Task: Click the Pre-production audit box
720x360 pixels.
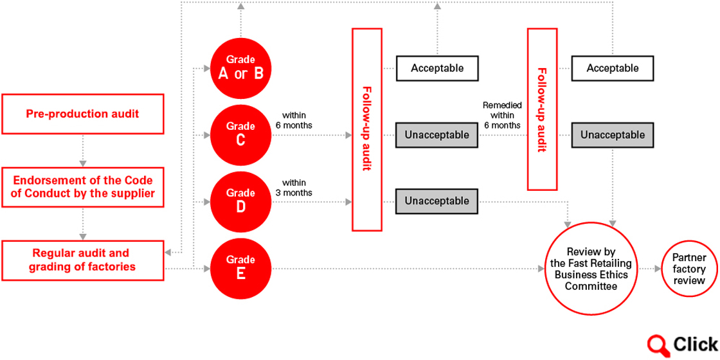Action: (x=83, y=114)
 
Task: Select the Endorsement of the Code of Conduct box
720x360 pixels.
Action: (x=83, y=187)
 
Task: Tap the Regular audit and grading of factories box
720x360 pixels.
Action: (x=83, y=260)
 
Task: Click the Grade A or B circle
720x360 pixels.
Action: (x=241, y=69)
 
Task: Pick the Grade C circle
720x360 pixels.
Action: (x=241, y=136)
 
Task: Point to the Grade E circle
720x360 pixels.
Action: (x=241, y=268)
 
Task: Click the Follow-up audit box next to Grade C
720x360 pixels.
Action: (x=367, y=129)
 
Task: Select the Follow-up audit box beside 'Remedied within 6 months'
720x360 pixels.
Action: (x=543, y=109)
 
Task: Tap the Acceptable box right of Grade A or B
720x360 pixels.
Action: (x=437, y=68)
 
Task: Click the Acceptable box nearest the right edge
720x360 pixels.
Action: (x=613, y=68)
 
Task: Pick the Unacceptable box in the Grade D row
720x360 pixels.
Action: (x=437, y=201)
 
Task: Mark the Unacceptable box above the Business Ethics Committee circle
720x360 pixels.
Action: (x=613, y=135)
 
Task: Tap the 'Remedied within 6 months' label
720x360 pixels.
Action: (x=502, y=115)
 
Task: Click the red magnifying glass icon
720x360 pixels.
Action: (x=658, y=343)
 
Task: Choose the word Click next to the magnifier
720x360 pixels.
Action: (x=695, y=343)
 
